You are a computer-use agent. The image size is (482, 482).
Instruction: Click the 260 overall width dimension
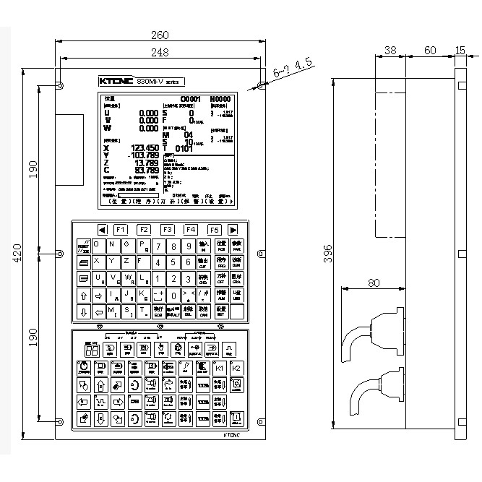pos(160,35)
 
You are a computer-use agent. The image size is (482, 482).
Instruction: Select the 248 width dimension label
pos(160,52)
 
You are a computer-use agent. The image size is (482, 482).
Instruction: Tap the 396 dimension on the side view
pos(327,251)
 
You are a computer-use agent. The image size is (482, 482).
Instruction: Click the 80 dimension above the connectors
pos(374,283)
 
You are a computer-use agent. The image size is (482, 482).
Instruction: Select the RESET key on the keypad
pos(83,246)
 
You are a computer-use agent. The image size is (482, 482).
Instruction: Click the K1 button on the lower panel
pos(220,369)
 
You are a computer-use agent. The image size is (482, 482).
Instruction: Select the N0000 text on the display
pos(220,98)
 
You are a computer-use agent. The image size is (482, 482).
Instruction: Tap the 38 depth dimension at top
pos(390,51)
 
